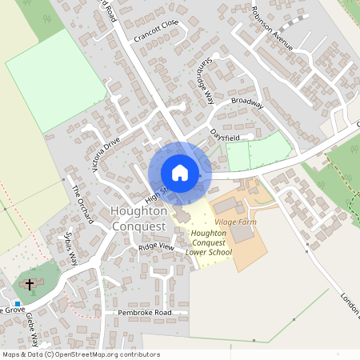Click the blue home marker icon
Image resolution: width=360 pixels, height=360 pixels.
click(180, 172)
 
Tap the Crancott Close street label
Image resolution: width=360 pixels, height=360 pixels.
click(157, 30)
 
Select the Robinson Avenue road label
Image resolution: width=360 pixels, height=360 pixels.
click(273, 30)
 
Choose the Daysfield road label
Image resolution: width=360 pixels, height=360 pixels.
click(226, 133)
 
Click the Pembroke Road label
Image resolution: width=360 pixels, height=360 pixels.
click(145, 312)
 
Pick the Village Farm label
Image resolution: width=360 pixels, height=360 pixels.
click(235, 221)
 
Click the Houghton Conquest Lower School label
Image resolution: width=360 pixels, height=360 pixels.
click(209, 242)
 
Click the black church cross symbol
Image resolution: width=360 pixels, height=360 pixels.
click(30, 284)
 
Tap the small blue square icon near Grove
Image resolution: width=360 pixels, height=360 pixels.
click(18, 304)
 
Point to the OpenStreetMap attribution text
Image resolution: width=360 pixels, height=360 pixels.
click(81, 354)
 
